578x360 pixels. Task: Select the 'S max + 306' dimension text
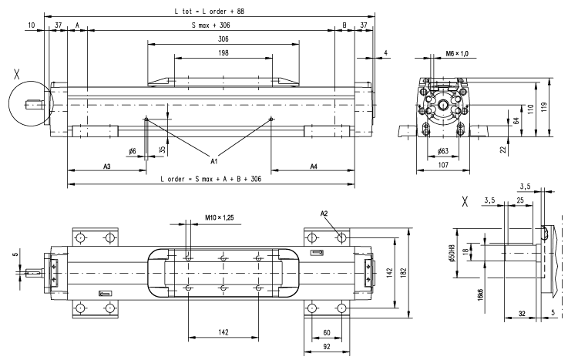pos(213,25)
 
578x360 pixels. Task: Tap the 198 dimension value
pos(223,52)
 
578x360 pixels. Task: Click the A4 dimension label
pos(314,166)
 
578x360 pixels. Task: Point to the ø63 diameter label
pos(442,151)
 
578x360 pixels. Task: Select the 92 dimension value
pos(328,348)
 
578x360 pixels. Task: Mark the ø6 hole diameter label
pos(132,151)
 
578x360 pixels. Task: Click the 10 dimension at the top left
pos(31,25)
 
